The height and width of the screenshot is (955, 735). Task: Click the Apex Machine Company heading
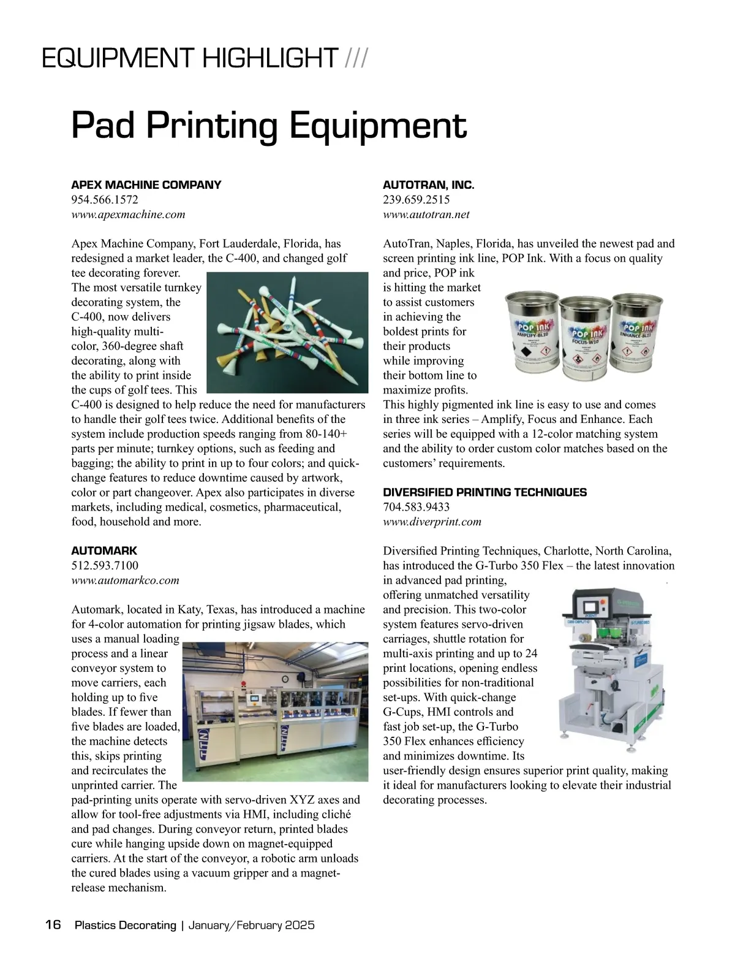click(x=146, y=185)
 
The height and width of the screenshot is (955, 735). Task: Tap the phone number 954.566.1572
click(x=105, y=199)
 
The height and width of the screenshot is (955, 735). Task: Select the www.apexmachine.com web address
click(x=128, y=214)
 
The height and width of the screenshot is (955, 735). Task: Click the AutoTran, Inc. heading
click(x=428, y=185)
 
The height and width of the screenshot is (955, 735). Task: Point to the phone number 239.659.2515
click(x=416, y=199)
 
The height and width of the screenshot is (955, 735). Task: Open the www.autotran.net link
click(x=426, y=214)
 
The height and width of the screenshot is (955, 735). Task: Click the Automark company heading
click(x=104, y=550)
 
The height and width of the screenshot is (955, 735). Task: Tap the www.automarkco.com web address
click(x=125, y=580)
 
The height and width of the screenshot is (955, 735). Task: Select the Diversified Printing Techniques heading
click(x=484, y=492)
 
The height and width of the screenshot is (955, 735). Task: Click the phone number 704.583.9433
click(x=416, y=507)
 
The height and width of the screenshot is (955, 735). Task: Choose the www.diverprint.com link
click(x=432, y=522)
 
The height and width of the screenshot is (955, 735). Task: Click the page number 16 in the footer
click(x=53, y=924)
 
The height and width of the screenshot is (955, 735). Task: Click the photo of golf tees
click(x=287, y=334)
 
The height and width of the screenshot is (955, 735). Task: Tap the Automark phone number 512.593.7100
click(x=105, y=565)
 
